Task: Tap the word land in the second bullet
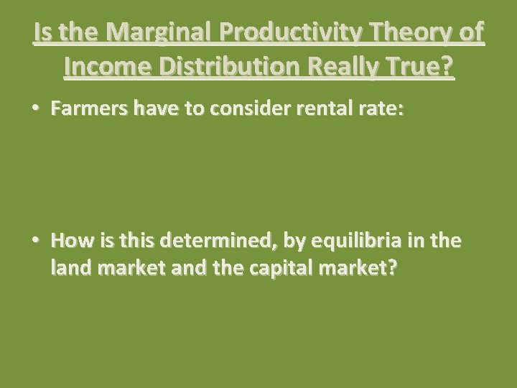pos(69,268)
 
